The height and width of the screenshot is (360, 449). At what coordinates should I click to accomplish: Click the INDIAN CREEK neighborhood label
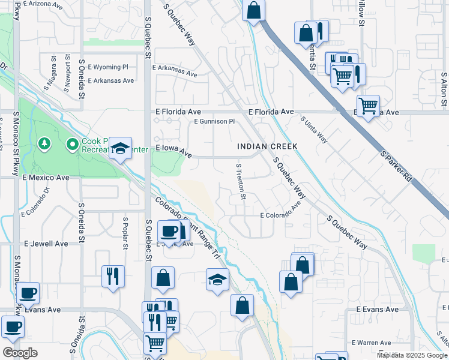coord(267,146)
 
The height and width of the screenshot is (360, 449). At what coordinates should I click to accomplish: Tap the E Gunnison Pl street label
coord(214,121)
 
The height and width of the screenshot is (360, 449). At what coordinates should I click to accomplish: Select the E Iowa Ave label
coord(173,151)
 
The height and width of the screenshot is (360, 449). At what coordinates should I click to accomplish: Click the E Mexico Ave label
coord(46,178)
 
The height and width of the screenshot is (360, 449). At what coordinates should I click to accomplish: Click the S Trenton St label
coord(241,181)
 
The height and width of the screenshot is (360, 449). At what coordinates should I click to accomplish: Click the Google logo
coord(20,353)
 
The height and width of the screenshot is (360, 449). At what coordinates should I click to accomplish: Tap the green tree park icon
coord(44,143)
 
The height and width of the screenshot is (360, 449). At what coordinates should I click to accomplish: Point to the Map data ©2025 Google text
coord(411,355)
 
